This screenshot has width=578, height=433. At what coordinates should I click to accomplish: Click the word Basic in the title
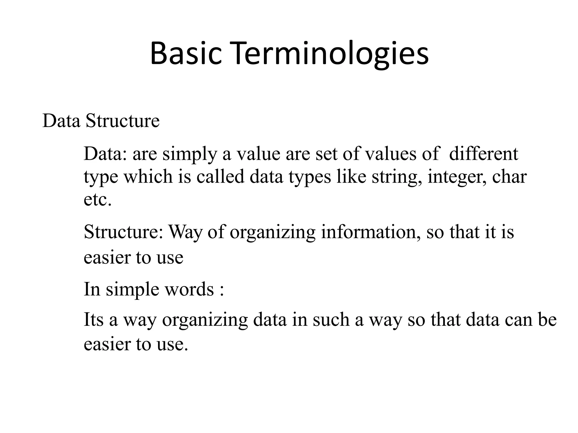[x=185, y=54]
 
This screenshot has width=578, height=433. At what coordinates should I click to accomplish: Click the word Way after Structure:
[x=185, y=232]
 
